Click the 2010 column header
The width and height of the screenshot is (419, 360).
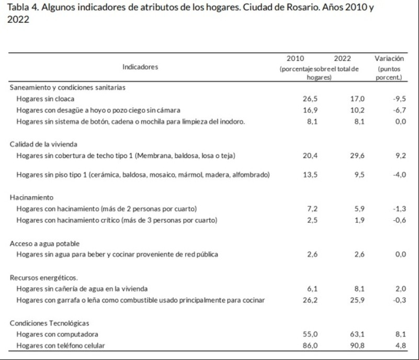coord(295,58)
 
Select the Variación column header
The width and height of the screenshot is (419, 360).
coord(389,58)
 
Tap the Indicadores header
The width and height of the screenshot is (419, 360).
coord(140,67)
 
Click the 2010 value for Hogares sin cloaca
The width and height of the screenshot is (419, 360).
coord(310,99)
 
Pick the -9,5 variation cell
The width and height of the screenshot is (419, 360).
coord(400,99)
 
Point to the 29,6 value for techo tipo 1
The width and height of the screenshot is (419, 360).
coord(357,155)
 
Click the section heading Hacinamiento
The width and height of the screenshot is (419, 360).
coord(31,197)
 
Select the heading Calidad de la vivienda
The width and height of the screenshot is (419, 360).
coord(43,144)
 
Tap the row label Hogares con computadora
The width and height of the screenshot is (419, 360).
coord(57,334)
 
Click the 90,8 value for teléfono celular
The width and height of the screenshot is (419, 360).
coord(357,345)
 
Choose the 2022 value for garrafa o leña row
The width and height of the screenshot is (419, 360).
coord(357,300)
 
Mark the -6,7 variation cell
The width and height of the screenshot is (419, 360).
coord(400,110)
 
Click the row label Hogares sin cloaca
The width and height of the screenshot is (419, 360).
coord(46,99)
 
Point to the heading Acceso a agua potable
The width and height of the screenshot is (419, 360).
coord(44,244)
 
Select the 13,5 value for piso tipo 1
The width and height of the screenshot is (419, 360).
coord(310,175)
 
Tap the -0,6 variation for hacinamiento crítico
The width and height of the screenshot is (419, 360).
coord(400,220)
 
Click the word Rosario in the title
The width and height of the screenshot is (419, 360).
coord(303,7)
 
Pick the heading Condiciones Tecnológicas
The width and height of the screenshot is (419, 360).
coord(50,323)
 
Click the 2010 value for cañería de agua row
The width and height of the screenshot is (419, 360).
coord(312,289)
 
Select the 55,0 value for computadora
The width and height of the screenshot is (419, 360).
coord(310,334)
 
